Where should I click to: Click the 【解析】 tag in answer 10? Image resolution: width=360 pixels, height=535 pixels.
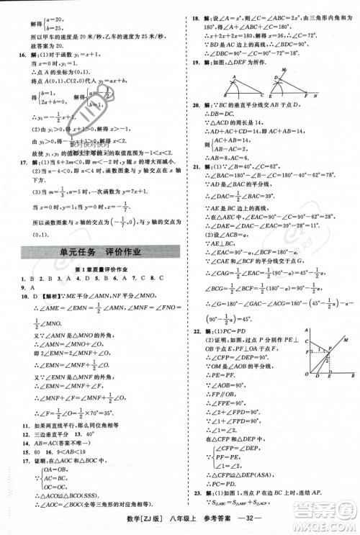pos(40,295)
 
